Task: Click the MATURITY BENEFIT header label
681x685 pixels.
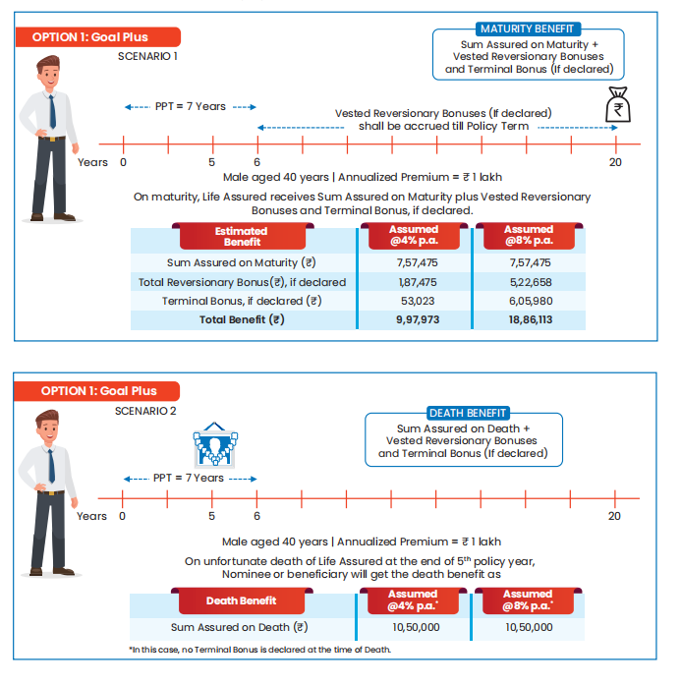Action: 527,29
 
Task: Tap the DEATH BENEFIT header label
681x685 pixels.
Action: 468,413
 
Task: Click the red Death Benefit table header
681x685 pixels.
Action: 241,600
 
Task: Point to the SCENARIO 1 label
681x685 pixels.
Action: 146,57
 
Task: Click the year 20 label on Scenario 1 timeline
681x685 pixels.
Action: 615,162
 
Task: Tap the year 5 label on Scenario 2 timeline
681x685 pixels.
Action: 211,516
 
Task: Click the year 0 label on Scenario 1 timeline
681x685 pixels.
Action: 123,162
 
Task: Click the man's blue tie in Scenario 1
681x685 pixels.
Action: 51,111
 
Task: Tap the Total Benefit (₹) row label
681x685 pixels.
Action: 242,319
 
